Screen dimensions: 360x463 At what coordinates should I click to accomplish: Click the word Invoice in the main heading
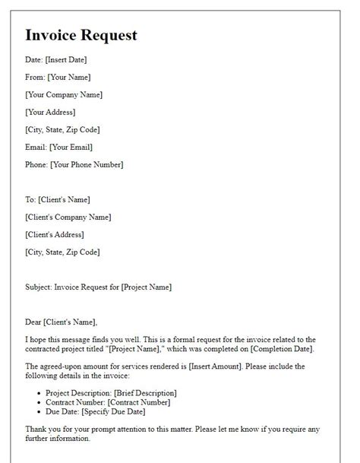(x=54, y=35)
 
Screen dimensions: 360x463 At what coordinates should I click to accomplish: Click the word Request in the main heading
(x=112, y=36)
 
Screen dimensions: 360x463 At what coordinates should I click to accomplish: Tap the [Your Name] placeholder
(x=70, y=78)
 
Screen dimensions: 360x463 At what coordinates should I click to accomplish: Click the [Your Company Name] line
(x=64, y=95)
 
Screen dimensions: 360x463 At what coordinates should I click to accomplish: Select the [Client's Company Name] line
(x=68, y=217)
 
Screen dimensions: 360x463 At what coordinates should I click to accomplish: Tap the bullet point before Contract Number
(x=39, y=402)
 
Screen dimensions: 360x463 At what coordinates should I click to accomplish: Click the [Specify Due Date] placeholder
(x=118, y=411)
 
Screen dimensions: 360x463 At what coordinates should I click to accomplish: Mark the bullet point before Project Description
(x=39, y=393)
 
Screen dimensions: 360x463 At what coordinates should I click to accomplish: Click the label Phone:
(x=37, y=165)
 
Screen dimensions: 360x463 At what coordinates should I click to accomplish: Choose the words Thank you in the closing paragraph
(x=43, y=429)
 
